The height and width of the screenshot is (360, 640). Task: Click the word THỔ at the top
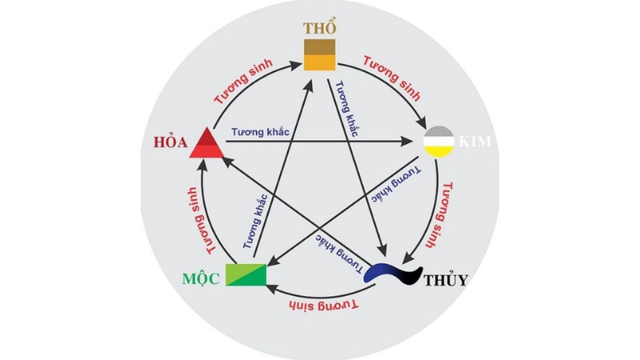[x=320, y=28]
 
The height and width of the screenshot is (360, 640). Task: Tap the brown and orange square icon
[x=319, y=54]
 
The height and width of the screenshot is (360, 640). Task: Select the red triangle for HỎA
[x=207, y=143]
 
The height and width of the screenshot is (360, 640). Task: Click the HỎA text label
[x=170, y=142]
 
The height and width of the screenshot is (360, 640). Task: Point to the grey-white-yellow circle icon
[x=439, y=142]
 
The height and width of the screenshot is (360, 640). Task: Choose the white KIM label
[x=474, y=142]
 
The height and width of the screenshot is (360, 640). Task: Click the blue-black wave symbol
[x=393, y=274]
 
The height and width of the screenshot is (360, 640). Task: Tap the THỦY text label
[x=446, y=281]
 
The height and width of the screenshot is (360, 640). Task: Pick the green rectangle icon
[x=246, y=275]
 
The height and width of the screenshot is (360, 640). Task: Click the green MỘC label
[x=201, y=278]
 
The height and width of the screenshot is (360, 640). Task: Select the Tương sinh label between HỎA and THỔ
[x=243, y=82]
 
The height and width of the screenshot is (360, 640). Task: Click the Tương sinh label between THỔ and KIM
[x=392, y=78]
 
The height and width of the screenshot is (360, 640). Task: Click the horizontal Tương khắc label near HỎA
[x=261, y=132]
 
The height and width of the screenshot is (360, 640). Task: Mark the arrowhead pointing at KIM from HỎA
[x=407, y=142]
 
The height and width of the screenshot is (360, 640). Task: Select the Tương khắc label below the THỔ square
[x=346, y=109]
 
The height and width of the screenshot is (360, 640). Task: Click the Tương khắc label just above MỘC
[x=255, y=222]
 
